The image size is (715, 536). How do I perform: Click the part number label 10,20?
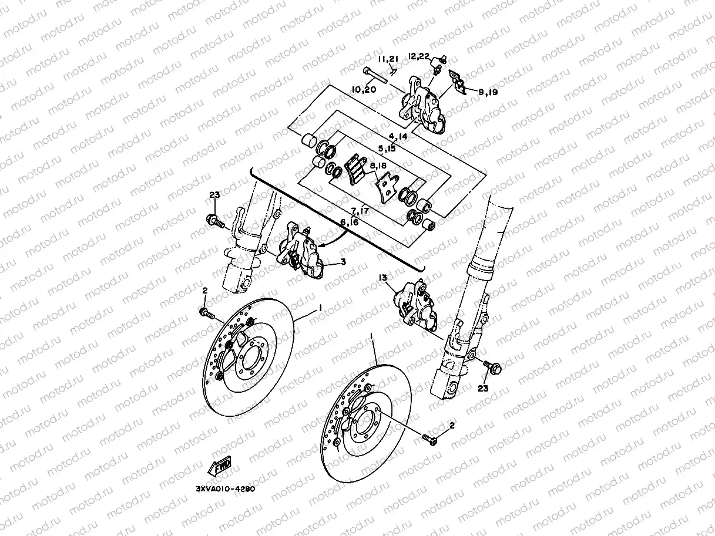(364, 90)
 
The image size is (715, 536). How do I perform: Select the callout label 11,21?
(388, 60)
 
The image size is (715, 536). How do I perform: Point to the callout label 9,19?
(488, 92)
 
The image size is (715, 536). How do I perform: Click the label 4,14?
(398, 137)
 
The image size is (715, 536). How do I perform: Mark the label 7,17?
(360, 210)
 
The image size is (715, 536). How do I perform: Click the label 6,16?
(349, 221)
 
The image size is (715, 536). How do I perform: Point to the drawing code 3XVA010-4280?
(226, 488)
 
